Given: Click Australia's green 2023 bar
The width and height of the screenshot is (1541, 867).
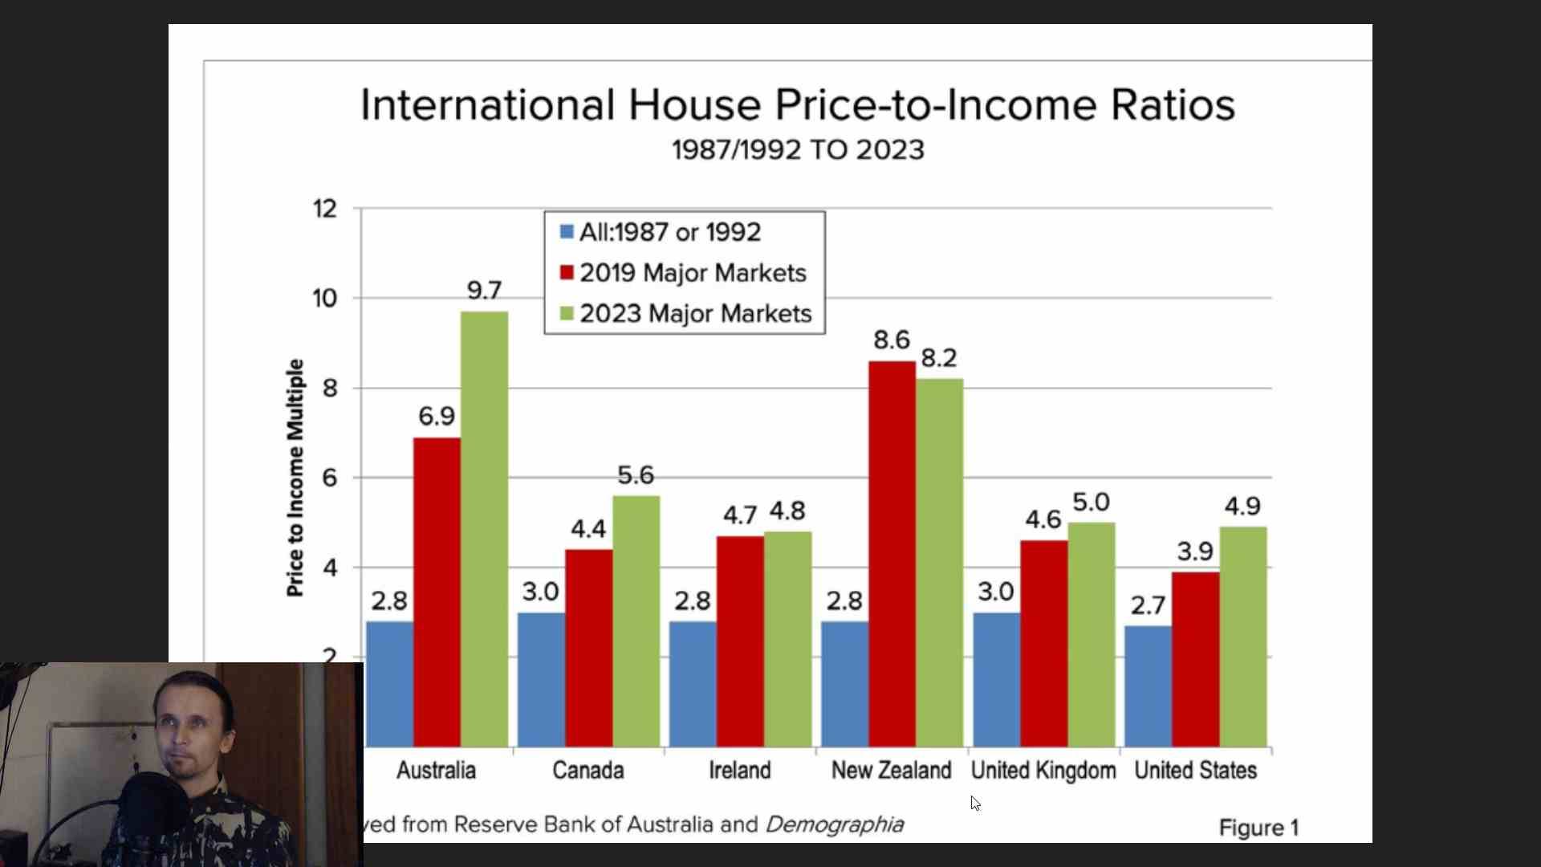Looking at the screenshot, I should point(484,530).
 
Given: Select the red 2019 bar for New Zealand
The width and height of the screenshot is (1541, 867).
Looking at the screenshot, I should point(892,554).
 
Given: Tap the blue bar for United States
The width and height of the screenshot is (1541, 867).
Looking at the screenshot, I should point(1148,686).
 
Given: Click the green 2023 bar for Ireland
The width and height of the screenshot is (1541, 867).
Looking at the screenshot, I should point(787,639).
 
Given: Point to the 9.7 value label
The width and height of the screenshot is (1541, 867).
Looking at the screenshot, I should point(484,291).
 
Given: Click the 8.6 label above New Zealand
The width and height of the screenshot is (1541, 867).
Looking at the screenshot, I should point(892,340).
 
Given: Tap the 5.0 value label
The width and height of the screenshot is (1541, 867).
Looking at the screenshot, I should point(1091,503).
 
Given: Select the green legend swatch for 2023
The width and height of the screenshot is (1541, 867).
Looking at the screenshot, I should point(567,313).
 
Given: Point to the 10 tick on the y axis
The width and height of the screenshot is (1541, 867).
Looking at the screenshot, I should point(325,299).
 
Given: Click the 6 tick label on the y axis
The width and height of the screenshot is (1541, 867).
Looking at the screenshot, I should point(329,478).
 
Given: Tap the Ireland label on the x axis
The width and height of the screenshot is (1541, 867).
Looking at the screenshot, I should point(739,771).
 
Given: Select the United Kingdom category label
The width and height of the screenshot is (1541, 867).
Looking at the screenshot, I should point(1043,771).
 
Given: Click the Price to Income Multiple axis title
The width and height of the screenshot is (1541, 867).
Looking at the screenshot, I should point(295,478).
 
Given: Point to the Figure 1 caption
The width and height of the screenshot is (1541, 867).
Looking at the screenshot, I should point(1258,828).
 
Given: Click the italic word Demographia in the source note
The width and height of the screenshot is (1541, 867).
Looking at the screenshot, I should point(835,824).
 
